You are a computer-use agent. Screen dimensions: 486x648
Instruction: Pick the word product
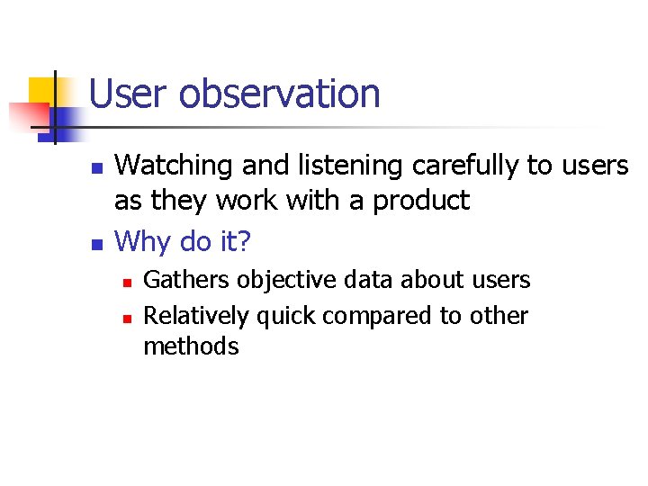click(x=418, y=200)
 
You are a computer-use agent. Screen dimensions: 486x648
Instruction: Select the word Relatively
click(x=196, y=316)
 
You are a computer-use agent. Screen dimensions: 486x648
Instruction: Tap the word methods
click(x=191, y=346)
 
